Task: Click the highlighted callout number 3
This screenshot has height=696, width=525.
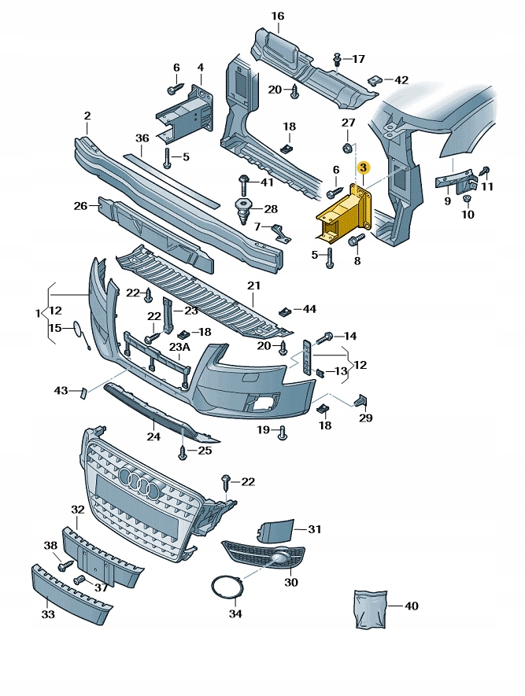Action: tap(363, 168)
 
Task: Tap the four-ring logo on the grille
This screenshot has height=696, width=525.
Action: tap(140, 481)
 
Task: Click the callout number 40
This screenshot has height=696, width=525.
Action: tap(412, 606)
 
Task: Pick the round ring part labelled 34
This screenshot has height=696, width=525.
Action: tap(226, 589)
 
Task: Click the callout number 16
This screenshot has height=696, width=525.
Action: tap(277, 17)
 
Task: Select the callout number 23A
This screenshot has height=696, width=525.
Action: tap(179, 347)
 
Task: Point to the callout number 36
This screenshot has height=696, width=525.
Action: tap(142, 138)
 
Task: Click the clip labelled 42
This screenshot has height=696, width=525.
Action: tap(376, 80)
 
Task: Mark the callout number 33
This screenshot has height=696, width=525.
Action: tap(48, 614)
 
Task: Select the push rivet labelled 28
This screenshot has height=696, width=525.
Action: tap(243, 211)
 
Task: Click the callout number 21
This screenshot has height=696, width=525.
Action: tap(253, 285)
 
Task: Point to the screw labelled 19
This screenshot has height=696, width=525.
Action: tap(283, 431)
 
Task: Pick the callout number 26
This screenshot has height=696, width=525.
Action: tap(80, 206)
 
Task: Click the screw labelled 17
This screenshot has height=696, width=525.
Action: tap(337, 59)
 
